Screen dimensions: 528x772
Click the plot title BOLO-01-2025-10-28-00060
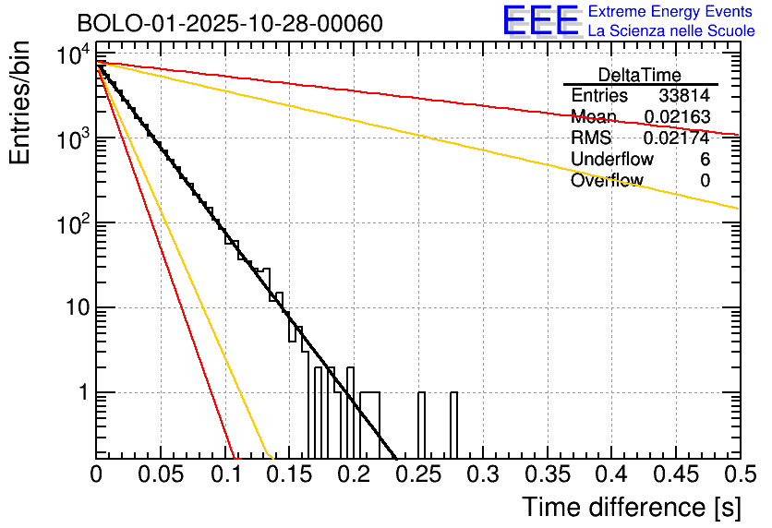(217, 22)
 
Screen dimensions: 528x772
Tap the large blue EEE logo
(540, 21)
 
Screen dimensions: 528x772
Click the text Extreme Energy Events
(671, 12)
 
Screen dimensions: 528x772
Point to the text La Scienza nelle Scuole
(671, 31)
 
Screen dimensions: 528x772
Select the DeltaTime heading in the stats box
(640, 75)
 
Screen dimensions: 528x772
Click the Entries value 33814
(684, 96)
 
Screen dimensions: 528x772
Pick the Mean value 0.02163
(677, 117)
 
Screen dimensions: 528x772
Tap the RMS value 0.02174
(677, 138)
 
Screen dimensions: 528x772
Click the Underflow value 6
(705, 160)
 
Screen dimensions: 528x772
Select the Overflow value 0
(705, 181)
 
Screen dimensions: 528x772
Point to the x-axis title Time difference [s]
(631, 507)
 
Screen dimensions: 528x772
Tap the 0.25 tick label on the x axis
(417, 475)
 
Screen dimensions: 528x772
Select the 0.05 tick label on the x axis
(161, 475)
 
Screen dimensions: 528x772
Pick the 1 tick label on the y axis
(81, 393)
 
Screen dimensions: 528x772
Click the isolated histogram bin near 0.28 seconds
(453, 425)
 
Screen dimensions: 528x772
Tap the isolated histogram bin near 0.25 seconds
(421, 425)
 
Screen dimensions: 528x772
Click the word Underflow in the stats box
(611, 160)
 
